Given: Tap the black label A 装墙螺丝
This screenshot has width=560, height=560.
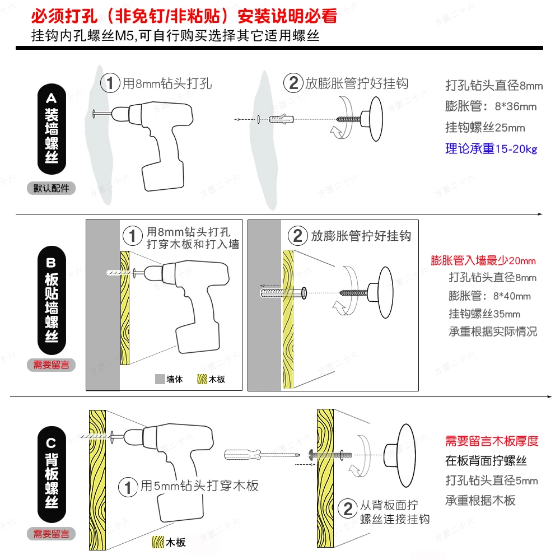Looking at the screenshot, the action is tap(52, 129).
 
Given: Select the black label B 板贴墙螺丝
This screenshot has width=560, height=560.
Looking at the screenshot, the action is tap(52, 300).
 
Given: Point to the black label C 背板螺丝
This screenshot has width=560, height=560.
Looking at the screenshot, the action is tap(52, 474).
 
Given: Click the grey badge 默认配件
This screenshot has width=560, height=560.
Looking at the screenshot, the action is tap(51, 188).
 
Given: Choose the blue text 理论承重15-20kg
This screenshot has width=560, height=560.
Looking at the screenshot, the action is tap(491, 148).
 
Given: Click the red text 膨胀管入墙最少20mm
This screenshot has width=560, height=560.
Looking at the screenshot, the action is tap(483, 260).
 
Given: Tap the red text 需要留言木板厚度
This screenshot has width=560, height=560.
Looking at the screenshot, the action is tap(492, 441).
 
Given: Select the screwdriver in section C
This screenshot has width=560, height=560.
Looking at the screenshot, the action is tap(262, 455).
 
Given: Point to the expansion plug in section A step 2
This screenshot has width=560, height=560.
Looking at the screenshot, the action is tap(281, 119).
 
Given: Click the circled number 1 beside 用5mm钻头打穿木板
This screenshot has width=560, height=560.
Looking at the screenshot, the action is tap(128, 487).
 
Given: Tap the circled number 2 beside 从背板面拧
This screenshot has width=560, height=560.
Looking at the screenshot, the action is tap(348, 508).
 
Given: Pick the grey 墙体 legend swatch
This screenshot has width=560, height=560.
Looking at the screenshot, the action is tap(160, 379).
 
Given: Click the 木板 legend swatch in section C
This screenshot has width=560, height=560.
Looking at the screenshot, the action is tap(158, 542).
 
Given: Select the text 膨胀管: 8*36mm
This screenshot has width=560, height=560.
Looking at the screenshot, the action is tap(491, 106).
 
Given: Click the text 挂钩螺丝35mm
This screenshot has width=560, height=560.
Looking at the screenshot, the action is tap(484, 314).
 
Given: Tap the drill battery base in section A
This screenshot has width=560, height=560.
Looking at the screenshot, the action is tap(163, 176).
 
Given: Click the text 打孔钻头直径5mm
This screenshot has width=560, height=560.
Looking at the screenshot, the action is tap(492, 480).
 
